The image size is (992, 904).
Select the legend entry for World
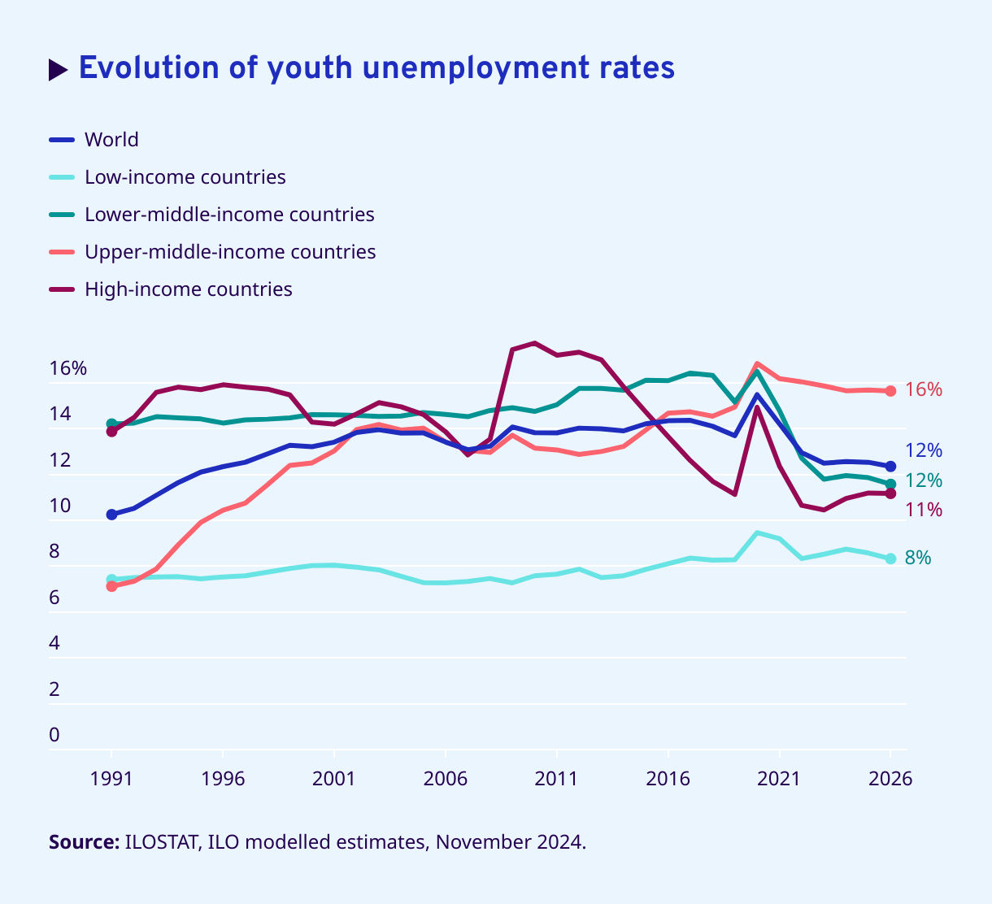tap(111, 140)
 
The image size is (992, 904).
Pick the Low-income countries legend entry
tap(185, 177)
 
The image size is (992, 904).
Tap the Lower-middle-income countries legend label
tap(229, 215)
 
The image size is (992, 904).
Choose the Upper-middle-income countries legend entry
tap(230, 252)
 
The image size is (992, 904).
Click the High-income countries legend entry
tap(188, 289)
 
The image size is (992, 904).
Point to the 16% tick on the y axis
tap(68, 368)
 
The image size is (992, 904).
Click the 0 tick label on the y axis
tap(54, 735)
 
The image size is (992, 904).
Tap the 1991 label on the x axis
tap(111, 779)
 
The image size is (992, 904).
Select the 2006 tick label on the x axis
tap(446, 779)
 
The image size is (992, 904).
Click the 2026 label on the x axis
tap(890, 779)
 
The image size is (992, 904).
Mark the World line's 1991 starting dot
tap(112, 515)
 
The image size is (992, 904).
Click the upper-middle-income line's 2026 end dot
tap(890, 391)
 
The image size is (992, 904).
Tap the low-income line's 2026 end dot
tap(890, 558)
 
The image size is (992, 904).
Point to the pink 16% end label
tap(924, 390)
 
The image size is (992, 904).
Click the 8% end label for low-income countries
tap(918, 558)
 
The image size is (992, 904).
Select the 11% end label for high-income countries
tap(924, 511)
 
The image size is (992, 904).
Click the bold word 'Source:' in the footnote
tap(85, 842)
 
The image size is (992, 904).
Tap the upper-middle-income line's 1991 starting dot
tap(112, 586)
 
